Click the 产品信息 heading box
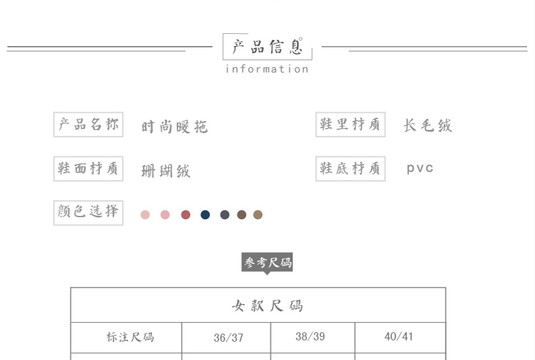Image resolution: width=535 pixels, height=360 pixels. pos(267,47)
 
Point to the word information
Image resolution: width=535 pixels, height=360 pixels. pos(267,69)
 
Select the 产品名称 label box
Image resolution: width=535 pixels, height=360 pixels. pos(88,125)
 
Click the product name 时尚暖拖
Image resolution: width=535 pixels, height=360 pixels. pos(175,127)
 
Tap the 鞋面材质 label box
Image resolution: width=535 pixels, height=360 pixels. pos(88,168)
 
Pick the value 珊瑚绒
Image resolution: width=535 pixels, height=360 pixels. pos(166,171)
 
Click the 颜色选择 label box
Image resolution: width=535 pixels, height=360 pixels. pos(88,212)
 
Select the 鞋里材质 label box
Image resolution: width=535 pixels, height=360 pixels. pos(350,125)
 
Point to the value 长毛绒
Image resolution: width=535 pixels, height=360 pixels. pos(427,125)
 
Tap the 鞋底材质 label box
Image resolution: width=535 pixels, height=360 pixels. pos(350,168)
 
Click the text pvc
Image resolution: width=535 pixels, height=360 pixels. pos(420,168)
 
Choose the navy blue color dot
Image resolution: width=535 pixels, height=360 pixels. pos(205,215)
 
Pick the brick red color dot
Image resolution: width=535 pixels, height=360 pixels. pos(186,215)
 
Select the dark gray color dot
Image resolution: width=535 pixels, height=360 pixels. pos(225,215)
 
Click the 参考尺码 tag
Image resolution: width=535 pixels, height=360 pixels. pos(267,263)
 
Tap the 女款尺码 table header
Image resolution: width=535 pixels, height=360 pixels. pos(267,305)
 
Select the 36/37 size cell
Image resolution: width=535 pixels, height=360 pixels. pos(228,338)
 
